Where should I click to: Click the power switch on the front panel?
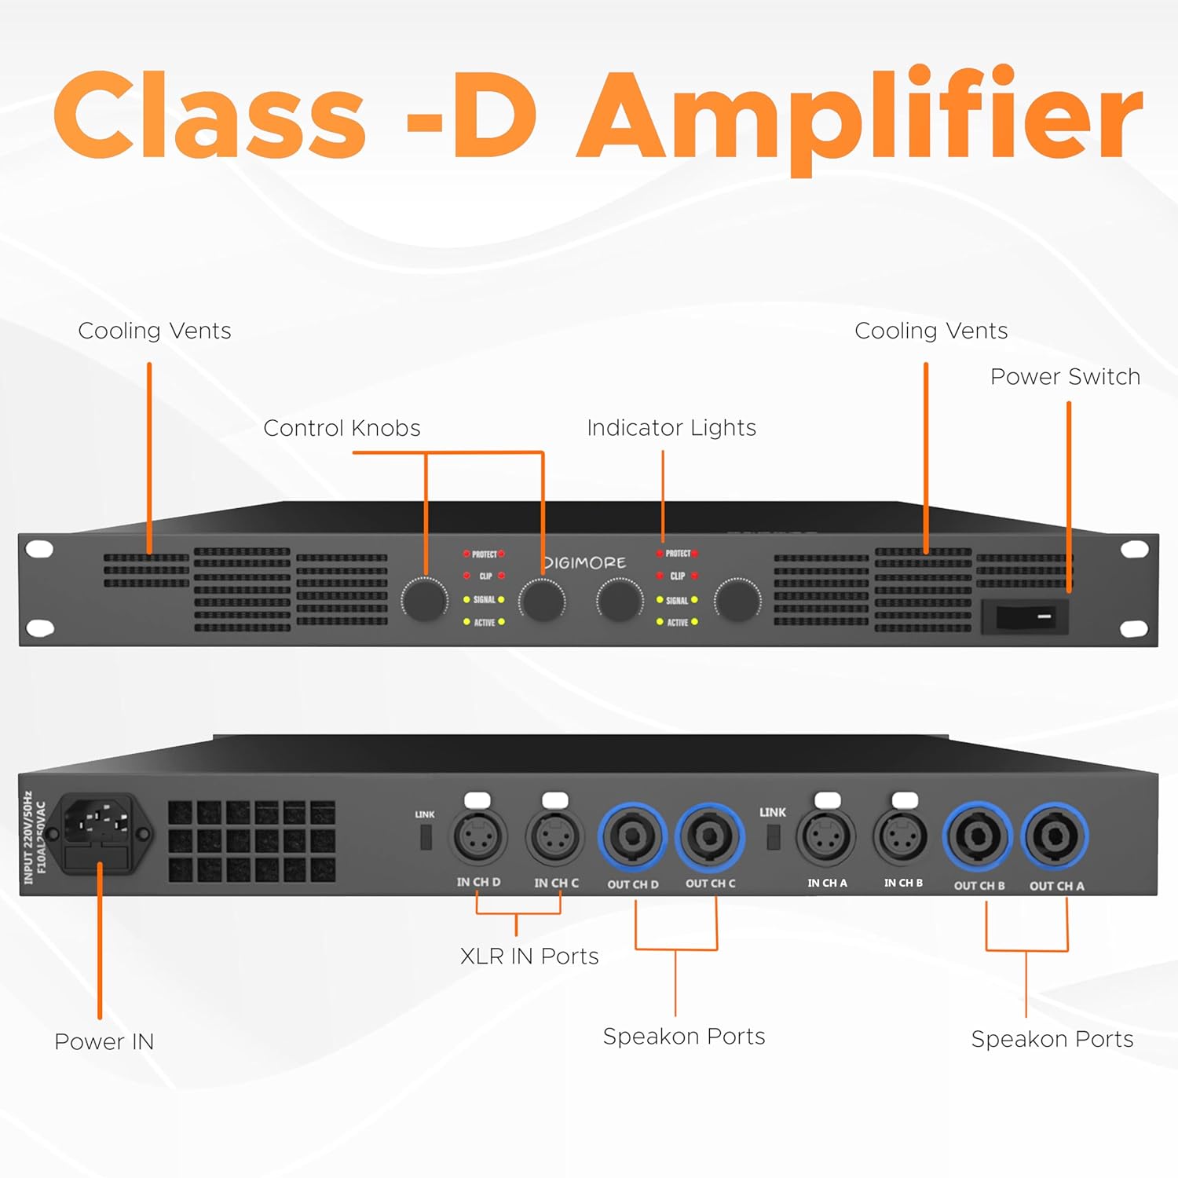(x=1025, y=616)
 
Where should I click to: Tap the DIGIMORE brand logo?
(x=585, y=563)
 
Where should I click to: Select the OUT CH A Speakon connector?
(x=1055, y=837)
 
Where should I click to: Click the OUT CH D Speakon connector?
(x=632, y=837)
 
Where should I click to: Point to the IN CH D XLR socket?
(x=478, y=837)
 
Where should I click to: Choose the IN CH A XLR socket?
(x=826, y=837)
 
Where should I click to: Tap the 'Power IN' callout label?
(x=104, y=1041)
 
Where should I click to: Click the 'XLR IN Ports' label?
(x=529, y=956)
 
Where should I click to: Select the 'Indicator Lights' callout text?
(x=671, y=428)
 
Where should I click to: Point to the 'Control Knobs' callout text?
(x=342, y=428)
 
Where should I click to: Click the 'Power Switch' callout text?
(x=1065, y=377)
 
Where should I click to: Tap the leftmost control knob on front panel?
(x=424, y=600)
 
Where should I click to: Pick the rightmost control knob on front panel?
(x=737, y=600)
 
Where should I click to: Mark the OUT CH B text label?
(x=979, y=886)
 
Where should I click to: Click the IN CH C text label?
(x=556, y=883)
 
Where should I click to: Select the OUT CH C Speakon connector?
(x=710, y=837)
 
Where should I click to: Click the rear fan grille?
(x=251, y=841)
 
